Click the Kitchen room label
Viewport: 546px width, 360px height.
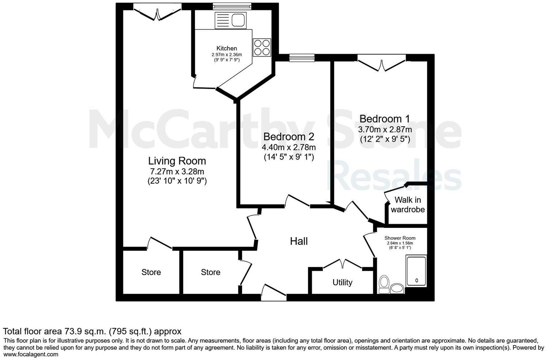click(226, 48)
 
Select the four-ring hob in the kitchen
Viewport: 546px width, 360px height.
click(262, 47)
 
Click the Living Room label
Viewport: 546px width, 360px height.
click(177, 161)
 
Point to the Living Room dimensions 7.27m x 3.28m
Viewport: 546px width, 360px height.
click(177, 171)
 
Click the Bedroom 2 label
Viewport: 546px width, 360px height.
click(289, 137)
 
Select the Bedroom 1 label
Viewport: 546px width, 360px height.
click(384, 119)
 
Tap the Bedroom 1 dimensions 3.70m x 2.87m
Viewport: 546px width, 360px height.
click(384, 130)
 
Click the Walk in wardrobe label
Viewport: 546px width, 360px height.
click(407, 205)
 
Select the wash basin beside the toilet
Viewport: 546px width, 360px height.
click(397, 289)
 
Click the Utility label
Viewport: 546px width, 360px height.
click(342, 282)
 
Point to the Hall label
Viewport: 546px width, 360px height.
click(299, 241)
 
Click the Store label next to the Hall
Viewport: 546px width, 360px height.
click(210, 272)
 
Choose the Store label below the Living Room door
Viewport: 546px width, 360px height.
click(151, 272)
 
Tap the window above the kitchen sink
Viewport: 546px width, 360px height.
click(232, 6)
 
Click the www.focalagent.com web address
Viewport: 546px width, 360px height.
click(31, 355)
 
